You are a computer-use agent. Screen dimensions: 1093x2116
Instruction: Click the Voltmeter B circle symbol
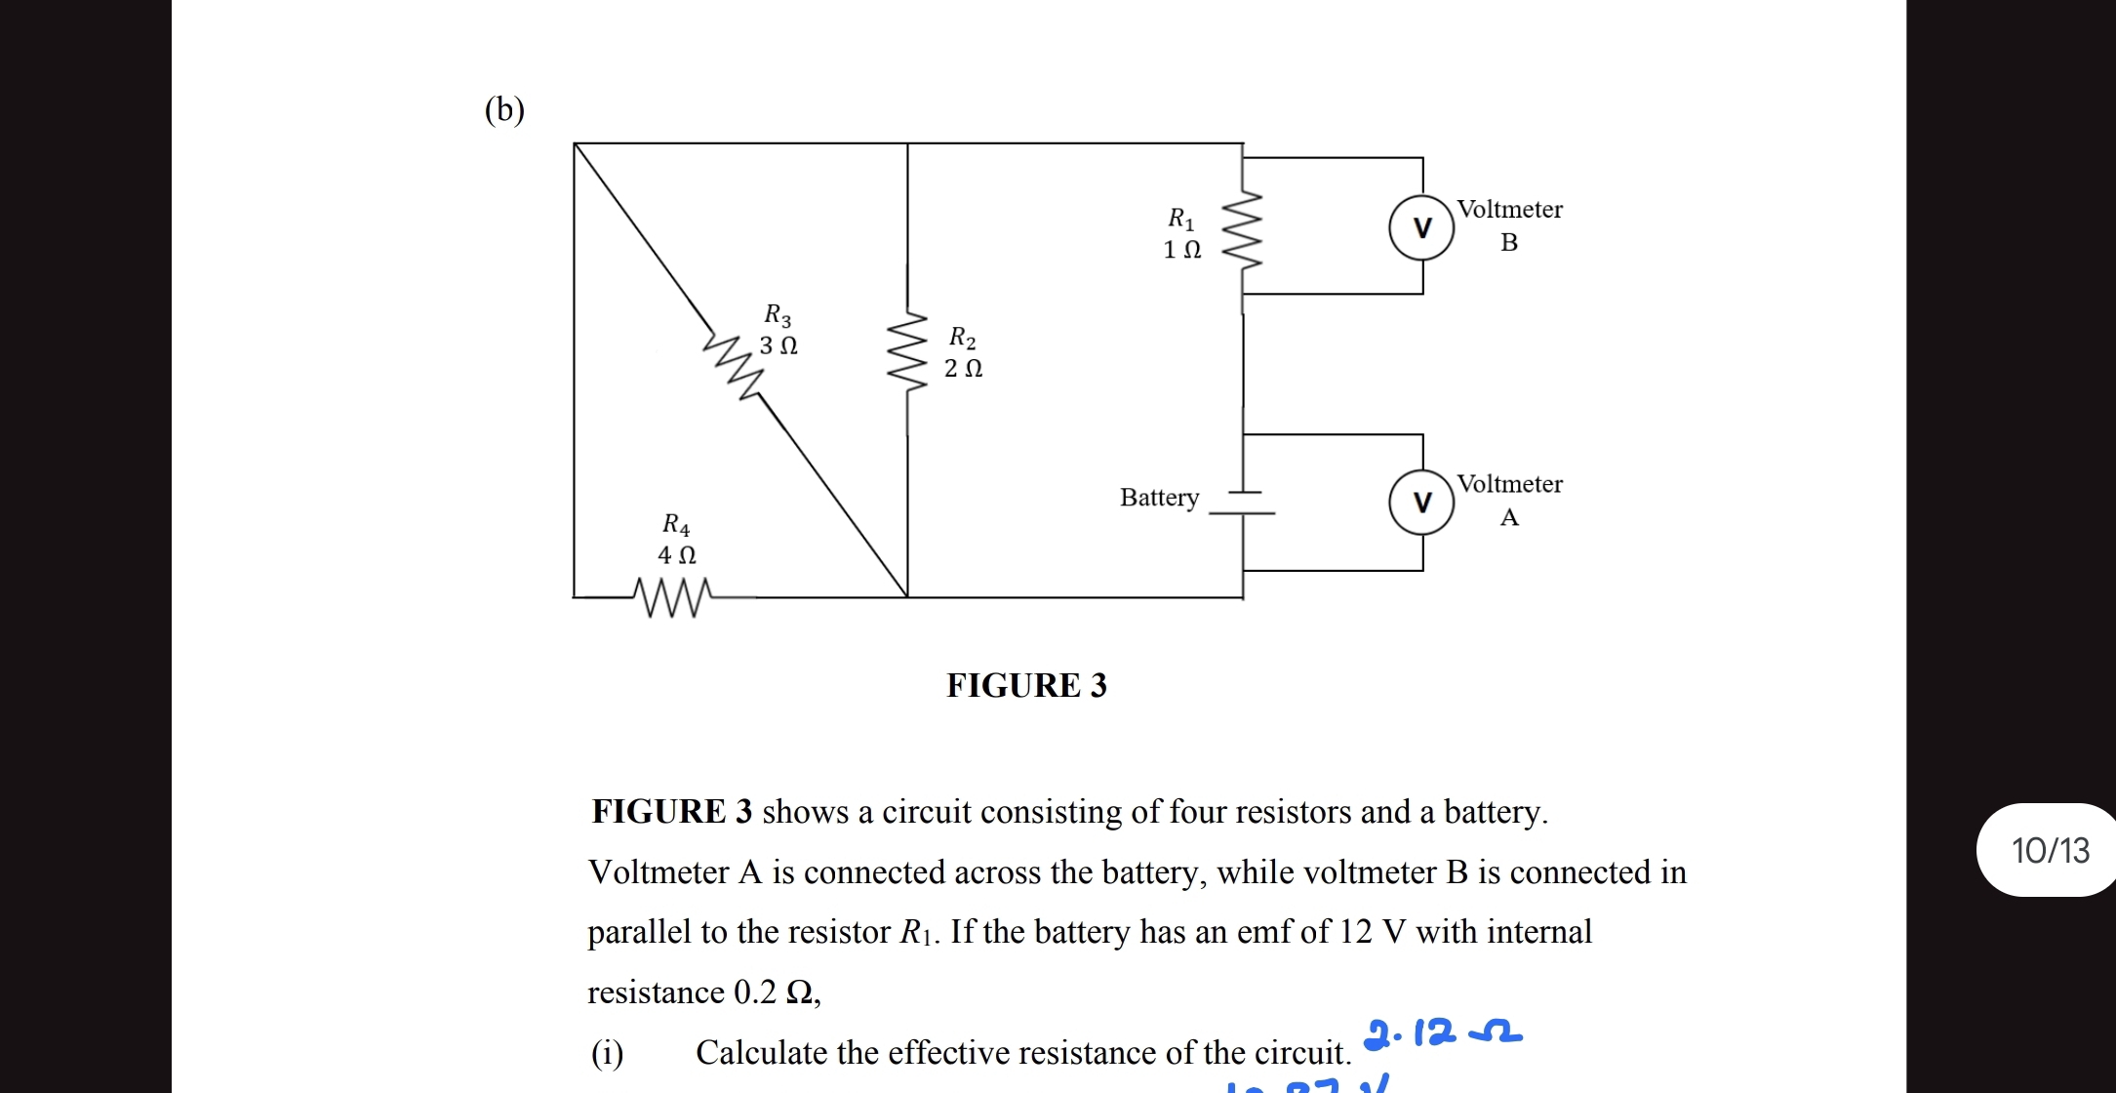[x=1421, y=227]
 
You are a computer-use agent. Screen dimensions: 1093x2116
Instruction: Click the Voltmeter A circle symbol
[x=1421, y=503]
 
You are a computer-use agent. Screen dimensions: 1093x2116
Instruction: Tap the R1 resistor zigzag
[x=1242, y=230]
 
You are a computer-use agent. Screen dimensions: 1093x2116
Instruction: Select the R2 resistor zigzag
[x=907, y=351]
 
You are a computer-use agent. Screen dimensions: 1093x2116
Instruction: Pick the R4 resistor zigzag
[x=672, y=596]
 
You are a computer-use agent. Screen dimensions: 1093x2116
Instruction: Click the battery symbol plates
[x=1242, y=503]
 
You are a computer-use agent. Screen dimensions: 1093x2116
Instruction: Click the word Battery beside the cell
[x=1159, y=498]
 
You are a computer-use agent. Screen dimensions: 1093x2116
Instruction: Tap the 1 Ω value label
[x=1182, y=250]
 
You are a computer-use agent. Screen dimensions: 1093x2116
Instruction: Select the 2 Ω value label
[x=963, y=369]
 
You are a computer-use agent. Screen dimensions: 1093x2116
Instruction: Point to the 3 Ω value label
[x=779, y=345]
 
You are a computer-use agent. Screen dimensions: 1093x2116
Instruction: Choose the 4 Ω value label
[x=677, y=555]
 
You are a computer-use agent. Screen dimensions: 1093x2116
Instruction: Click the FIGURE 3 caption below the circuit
[x=1026, y=686]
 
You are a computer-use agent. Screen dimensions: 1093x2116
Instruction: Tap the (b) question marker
[x=504, y=109]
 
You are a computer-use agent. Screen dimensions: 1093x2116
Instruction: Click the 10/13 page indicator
[x=2050, y=850]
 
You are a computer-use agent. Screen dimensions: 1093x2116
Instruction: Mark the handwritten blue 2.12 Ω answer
[x=1443, y=1032]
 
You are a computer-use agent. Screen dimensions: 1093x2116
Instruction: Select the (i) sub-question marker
[x=607, y=1053]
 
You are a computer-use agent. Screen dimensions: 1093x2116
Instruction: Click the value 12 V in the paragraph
[x=1372, y=932]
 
